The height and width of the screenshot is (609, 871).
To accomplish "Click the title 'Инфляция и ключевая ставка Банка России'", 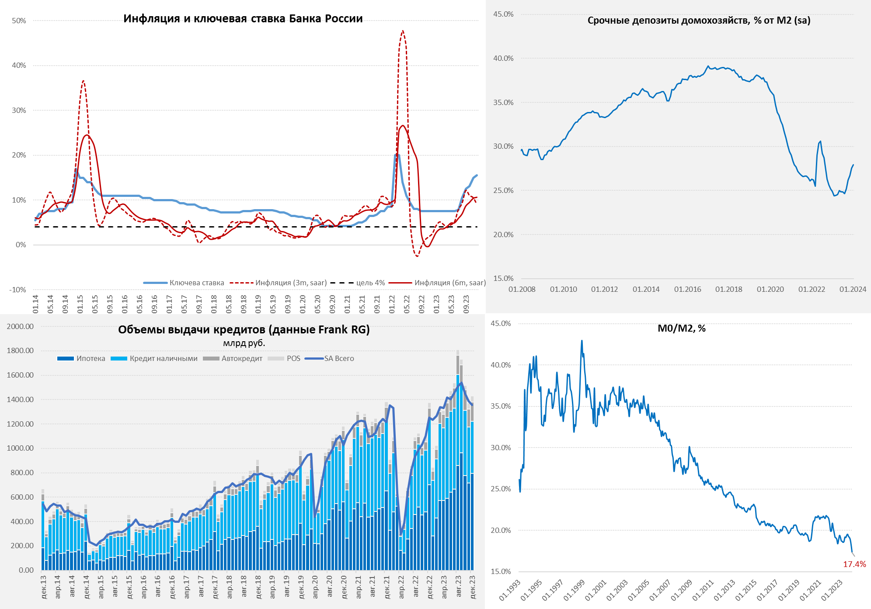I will pos(243,18).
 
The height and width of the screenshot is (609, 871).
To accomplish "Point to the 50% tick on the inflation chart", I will pos(19,21).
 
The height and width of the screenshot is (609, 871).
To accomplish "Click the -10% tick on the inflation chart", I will pos(17,290).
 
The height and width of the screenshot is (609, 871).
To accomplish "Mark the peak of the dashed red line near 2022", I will pos(403,31).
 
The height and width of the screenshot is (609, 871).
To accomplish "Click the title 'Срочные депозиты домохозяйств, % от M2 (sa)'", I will pos(699,20).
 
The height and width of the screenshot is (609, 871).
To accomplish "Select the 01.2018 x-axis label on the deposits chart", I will pos(728,289).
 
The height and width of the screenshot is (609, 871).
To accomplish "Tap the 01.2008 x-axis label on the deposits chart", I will pos(522,289).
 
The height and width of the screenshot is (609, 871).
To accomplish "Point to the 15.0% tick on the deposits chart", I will pos(503,278).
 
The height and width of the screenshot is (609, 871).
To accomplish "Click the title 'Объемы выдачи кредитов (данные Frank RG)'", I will pos(244,329).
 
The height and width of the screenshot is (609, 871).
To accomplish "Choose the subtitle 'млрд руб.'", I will pos(244,343).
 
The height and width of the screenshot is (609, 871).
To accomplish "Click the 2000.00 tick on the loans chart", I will pos(20,326).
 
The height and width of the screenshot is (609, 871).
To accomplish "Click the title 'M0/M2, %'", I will pos(681,328).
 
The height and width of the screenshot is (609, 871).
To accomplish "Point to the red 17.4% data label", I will pos(854,564).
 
